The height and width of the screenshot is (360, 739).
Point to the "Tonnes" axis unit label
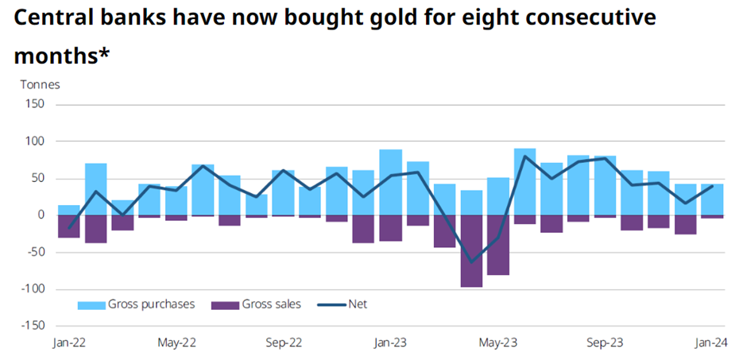[x=40, y=83]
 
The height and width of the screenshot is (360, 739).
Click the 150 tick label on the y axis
[x=34, y=104]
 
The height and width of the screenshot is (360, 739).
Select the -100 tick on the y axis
[x=32, y=289]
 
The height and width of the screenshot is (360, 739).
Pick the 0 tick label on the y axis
[x=41, y=215]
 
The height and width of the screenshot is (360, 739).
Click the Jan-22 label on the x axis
[x=69, y=343]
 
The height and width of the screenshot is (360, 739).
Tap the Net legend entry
[x=342, y=304]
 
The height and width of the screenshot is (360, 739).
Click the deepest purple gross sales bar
[x=471, y=251]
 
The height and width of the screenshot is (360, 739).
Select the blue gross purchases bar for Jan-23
[x=390, y=182]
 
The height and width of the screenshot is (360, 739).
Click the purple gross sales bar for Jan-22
[x=69, y=226]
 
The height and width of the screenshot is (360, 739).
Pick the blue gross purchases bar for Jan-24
[x=712, y=199]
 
